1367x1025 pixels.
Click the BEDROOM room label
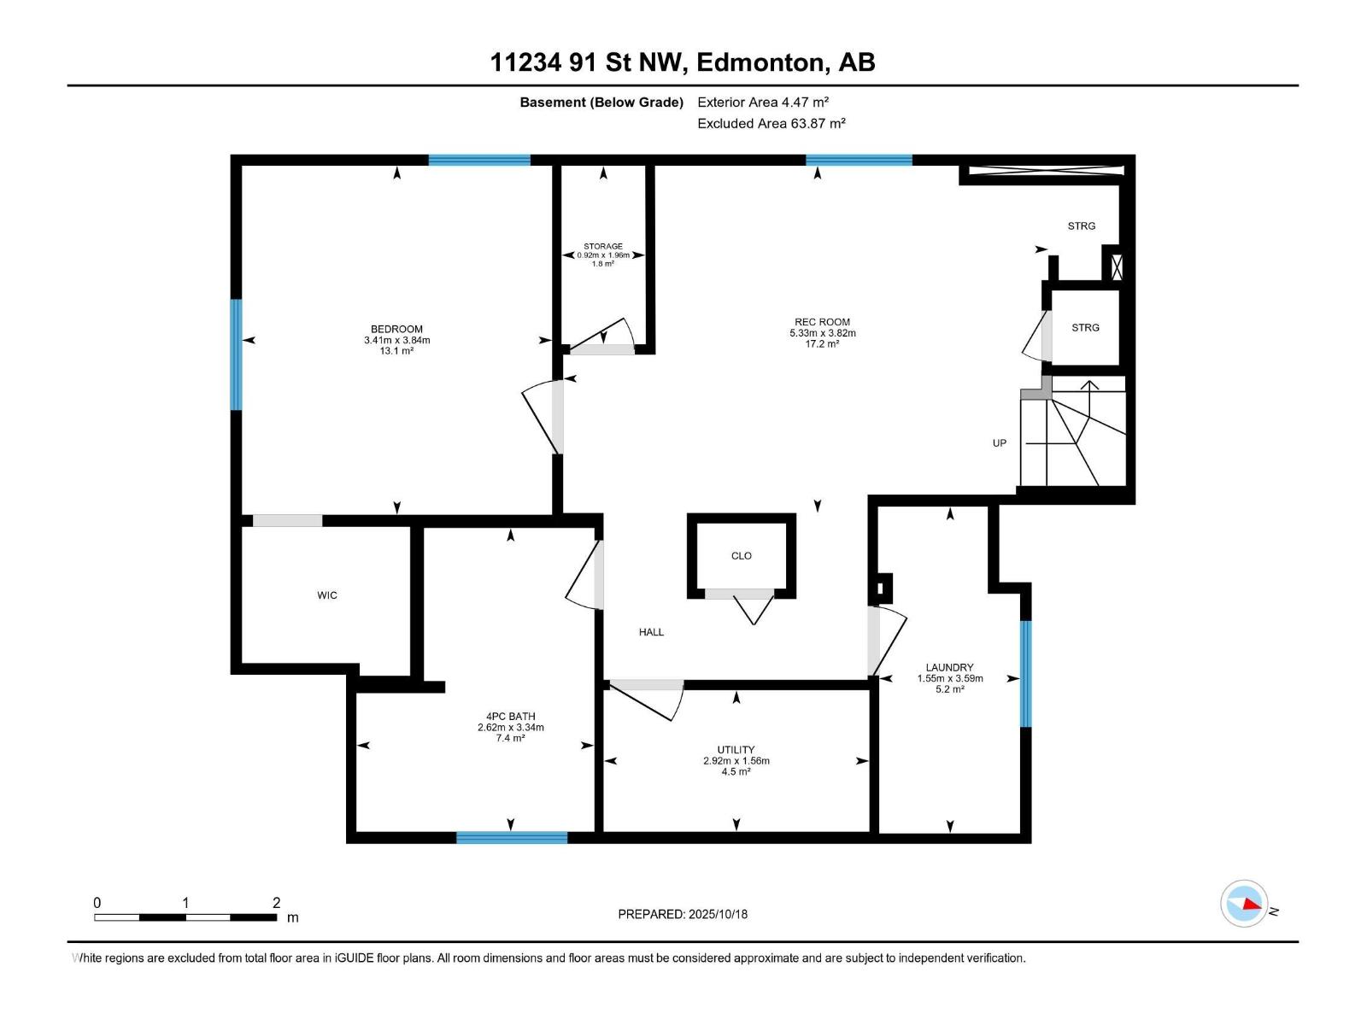pos(396,329)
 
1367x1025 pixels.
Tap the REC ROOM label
pos(822,322)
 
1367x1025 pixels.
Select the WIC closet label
pos(327,595)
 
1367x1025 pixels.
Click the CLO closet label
pos(741,556)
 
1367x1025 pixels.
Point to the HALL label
pos(651,632)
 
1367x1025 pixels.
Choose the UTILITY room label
pos(736,750)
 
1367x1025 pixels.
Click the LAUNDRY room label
pos(950,668)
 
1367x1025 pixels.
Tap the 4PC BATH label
pos(511,717)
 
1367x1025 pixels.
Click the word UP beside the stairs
pos(1000,443)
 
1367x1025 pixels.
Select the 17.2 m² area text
pos(822,343)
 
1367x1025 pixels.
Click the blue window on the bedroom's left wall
pos(236,354)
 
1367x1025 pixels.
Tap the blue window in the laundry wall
pos(1026,673)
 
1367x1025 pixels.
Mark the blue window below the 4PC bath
pos(512,838)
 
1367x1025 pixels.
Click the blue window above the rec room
pos(860,160)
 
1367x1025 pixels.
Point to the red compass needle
pos(1252,904)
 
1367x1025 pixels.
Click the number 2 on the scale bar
pos(277,902)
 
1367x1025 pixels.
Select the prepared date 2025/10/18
pos(718,914)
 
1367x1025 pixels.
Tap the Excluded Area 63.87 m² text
pos(772,123)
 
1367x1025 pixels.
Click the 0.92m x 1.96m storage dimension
pos(603,255)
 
